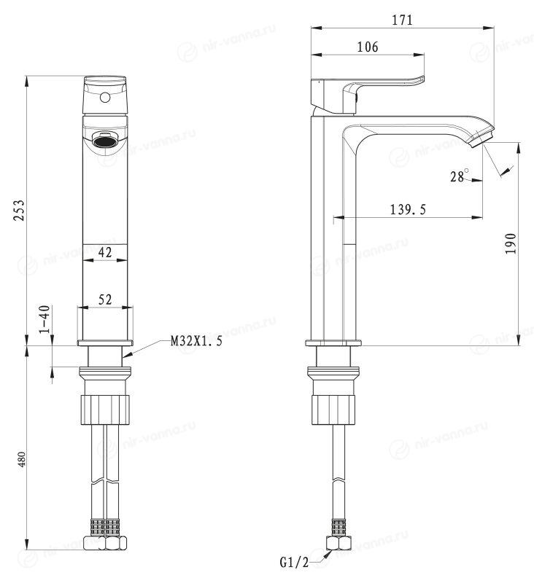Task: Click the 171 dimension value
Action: [402, 20]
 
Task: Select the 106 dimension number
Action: [367, 47]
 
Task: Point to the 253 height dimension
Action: [19, 211]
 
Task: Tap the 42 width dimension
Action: [105, 252]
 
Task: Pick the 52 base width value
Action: [105, 300]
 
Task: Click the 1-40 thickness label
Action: [44, 319]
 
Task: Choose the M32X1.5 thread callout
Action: [196, 341]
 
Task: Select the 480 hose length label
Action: [22, 460]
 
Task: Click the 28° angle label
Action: [460, 176]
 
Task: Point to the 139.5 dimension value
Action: [408, 210]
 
